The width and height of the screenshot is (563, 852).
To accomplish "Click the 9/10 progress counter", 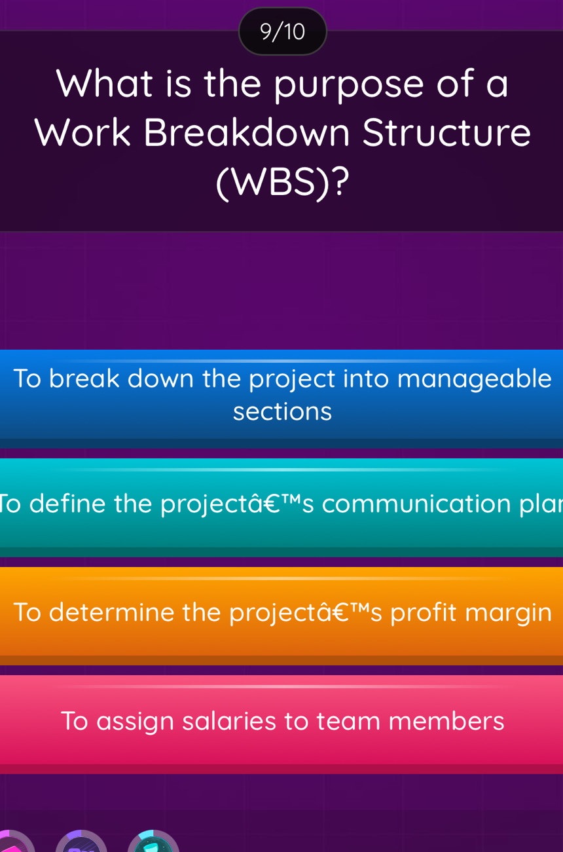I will tap(282, 31).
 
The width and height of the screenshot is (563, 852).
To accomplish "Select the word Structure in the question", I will tap(446, 133).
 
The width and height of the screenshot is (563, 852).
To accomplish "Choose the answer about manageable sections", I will tap(281, 395).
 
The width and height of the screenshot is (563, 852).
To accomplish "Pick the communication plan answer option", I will tap(281, 504).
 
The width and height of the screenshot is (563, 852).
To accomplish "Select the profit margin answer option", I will tap(281, 612).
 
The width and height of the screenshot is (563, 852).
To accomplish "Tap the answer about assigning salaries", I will tap(281, 721).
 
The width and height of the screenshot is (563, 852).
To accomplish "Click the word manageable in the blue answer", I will tap(474, 379).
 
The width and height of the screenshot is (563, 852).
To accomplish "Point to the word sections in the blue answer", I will tap(282, 412).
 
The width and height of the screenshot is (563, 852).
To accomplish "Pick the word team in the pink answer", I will tap(348, 721).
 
